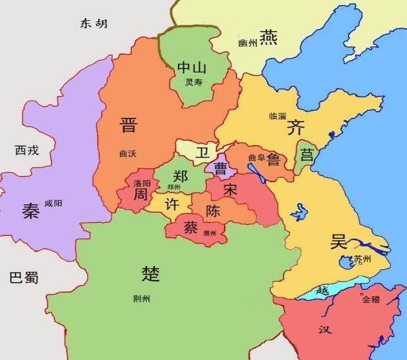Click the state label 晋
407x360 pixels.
click(128, 125)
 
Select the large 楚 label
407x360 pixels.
click(151, 273)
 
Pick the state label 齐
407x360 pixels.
click(295, 128)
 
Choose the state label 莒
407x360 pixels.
click(307, 154)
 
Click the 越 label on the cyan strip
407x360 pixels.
click(322, 291)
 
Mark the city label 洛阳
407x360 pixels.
click(142, 183)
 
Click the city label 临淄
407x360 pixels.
click(278, 117)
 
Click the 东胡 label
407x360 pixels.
click(93, 23)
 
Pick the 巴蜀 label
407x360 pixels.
click(25, 277)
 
